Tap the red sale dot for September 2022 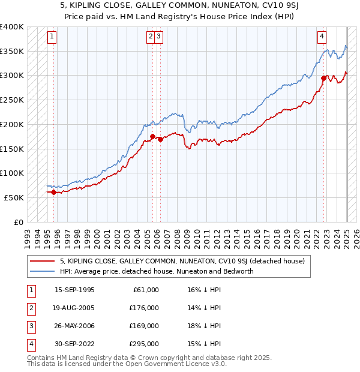[x=323, y=78]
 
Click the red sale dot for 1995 [x=54, y=192]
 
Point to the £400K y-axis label [x=12, y=27]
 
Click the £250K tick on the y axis [x=12, y=100]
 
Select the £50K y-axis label [x=14, y=197]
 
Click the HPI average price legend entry [x=157, y=271]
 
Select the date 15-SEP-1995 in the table [x=74, y=290]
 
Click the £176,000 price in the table [x=144, y=308]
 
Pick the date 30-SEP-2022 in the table [x=74, y=344]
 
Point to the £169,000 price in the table [x=144, y=326]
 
